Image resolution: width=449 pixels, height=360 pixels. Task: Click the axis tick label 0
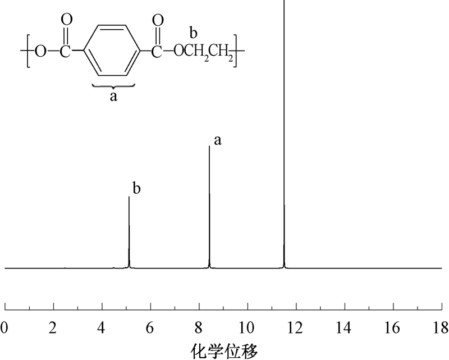[x=4, y=327]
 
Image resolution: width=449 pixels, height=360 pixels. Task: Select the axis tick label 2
[x=53, y=327]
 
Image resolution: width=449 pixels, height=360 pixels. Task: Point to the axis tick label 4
[x=102, y=327]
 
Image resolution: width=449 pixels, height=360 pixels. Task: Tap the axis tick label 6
[x=150, y=327]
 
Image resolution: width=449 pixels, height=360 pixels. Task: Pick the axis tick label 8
[x=199, y=327]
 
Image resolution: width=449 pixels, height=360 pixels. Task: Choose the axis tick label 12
[x=296, y=327]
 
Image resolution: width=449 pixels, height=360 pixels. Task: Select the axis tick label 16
[x=393, y=327]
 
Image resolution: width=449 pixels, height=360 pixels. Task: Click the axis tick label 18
[x=441, y=327]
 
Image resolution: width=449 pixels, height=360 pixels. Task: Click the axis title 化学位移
[x=224, y=350]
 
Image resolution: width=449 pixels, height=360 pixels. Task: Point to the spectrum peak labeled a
[x=209, y=207]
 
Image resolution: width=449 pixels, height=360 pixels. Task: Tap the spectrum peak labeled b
[x=129, y=232]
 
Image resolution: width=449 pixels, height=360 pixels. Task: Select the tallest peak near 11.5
[x=284, y=134]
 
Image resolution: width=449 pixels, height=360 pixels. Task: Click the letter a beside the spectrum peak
[x=218, y=141]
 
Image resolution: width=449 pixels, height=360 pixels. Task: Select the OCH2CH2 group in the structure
[x=203, y=52]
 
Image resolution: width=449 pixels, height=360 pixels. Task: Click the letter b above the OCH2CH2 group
[x=194, y=33]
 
